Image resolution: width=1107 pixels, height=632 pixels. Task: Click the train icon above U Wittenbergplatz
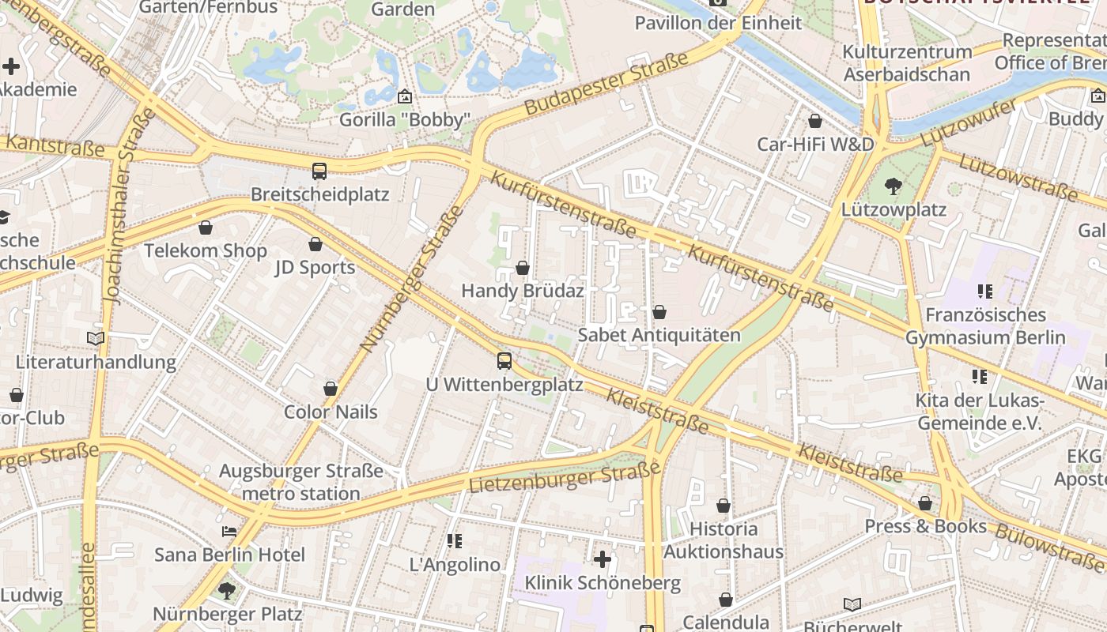504,361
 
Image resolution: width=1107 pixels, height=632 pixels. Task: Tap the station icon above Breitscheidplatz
319,171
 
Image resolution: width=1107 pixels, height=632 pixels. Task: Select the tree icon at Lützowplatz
894,186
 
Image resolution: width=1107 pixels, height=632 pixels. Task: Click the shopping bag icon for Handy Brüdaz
522,268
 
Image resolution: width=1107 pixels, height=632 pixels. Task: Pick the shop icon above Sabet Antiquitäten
659,312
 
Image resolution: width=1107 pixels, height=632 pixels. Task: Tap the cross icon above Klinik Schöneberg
603,559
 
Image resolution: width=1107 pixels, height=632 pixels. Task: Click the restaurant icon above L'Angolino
455,541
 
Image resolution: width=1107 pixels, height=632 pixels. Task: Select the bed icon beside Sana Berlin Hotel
229,531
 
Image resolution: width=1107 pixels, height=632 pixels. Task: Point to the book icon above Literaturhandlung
96,338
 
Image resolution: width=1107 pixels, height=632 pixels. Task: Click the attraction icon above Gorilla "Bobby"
405,96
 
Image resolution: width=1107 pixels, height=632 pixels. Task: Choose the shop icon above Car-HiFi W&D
815,121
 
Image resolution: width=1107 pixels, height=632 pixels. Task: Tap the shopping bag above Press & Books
925,503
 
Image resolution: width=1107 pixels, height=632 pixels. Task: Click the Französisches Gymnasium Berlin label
985,326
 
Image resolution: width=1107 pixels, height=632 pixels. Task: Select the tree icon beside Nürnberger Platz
227,590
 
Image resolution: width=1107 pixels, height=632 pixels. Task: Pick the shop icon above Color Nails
331,389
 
